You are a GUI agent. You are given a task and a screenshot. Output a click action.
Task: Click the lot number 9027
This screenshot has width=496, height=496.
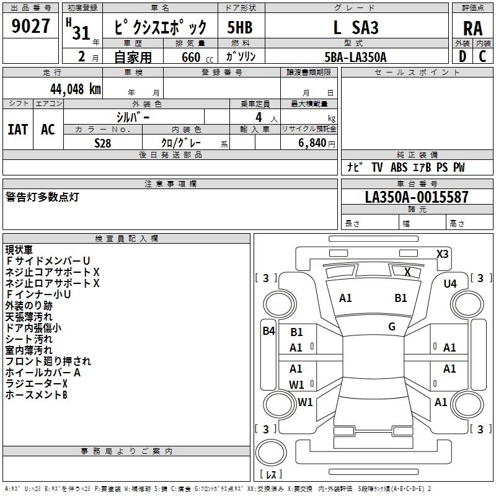point(30,26)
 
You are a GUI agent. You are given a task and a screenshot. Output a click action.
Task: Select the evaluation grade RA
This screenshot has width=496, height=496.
point(472,29)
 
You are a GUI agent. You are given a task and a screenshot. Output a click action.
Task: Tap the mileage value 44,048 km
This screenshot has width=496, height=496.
point(76,89)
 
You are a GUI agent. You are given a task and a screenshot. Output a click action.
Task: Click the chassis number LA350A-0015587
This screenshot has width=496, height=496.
point(417,197)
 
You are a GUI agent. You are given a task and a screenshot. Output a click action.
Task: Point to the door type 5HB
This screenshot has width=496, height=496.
point(240,27)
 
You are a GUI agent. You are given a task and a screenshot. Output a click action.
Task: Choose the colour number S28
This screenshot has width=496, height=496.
point(103,143)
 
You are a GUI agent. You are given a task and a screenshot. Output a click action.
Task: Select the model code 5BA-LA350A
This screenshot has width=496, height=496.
point(355,57)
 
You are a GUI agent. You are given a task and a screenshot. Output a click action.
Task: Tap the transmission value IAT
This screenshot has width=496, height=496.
point(18,130)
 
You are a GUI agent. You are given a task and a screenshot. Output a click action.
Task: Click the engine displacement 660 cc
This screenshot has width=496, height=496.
point(197,57)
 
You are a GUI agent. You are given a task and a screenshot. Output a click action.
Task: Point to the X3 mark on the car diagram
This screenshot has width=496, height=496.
point(442,254)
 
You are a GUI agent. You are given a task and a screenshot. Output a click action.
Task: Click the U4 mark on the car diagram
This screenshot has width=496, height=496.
point(450,284)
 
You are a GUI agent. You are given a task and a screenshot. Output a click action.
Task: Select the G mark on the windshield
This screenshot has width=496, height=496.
point(392,326)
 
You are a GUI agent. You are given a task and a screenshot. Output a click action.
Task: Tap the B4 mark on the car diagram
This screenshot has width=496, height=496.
point(269,331)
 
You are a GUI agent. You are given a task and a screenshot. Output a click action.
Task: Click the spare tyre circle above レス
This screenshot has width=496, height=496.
point(271,453)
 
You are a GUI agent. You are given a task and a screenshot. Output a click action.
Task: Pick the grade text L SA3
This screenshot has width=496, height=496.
point(356,27)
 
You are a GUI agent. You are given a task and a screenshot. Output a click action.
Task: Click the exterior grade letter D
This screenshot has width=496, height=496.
point(463,56)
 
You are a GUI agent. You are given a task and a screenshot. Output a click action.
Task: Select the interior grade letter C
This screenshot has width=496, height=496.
point(482,56)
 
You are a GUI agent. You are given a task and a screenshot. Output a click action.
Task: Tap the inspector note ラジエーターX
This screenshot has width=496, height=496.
point(37,384)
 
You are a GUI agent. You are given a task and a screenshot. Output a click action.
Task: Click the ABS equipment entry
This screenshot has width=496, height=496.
point(399,167)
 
